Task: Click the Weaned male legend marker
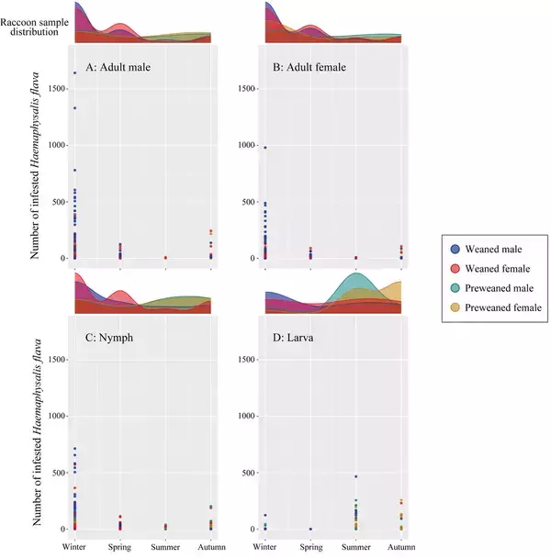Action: click(x=455, y=248)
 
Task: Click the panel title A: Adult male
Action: click(x=118, y=66)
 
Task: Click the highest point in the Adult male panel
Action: click(x=74, y=73)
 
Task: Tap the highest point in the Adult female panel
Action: click(x=265, y=147)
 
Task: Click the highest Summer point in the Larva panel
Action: click(x=355, y=476)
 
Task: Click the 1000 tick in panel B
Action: click(x=247, y=145)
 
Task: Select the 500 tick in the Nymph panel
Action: click(x=59, y=473)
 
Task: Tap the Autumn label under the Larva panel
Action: click(x=401, y=547)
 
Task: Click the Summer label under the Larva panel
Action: click(x=355, y=547)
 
